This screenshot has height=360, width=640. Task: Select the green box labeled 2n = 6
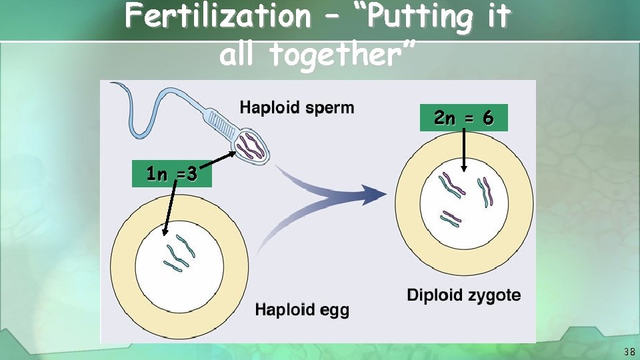click(x=463, y=118)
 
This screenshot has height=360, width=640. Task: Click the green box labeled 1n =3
click(x=171, y=174)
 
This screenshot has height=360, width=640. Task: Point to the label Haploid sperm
click(x=297, y=107)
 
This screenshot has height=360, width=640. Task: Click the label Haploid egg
click(x=302, y=309)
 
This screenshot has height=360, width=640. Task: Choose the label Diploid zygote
click(x=464, y=295)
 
